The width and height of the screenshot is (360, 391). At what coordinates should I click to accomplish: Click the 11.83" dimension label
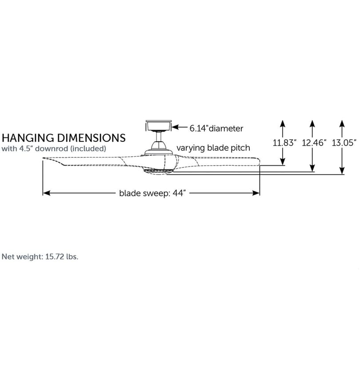(x=284, y=143)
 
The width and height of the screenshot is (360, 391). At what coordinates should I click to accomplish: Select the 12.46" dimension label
(x=314, y=143)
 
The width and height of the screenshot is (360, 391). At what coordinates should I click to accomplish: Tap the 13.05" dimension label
(x=344, y=143)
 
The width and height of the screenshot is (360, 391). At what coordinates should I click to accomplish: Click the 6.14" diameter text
(x=216, y=128)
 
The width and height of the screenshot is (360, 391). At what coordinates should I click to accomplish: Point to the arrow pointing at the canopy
(x=180, y=127)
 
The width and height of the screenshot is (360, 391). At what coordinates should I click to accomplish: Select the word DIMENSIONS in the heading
(x=91, y=138)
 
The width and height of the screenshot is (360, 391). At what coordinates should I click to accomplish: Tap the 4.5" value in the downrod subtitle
(x=26, y=148)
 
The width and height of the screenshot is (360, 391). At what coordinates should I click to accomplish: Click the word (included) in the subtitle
(x=88, y=148)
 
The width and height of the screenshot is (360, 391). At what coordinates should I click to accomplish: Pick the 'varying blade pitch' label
(x=213, y=148)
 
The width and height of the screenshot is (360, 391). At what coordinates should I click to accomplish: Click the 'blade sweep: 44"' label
(x=152, y=193)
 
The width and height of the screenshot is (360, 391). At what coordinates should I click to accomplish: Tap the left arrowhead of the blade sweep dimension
(x=46, y=193)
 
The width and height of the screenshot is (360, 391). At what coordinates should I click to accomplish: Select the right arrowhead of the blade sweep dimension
(x=256, y=193)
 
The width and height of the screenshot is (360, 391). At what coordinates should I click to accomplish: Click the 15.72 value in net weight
(x=55, y=257)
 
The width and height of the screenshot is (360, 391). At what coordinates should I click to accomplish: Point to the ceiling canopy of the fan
(x=159, y=125)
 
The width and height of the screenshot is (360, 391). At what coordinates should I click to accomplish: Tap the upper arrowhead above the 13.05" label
(x=342, y=124)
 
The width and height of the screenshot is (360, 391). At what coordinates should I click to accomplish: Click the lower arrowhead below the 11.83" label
(x=282, y=161)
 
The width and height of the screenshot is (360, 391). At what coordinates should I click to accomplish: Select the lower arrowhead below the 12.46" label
(x=312, y=168)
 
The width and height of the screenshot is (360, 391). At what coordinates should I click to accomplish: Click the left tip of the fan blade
(x=43, y=158)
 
